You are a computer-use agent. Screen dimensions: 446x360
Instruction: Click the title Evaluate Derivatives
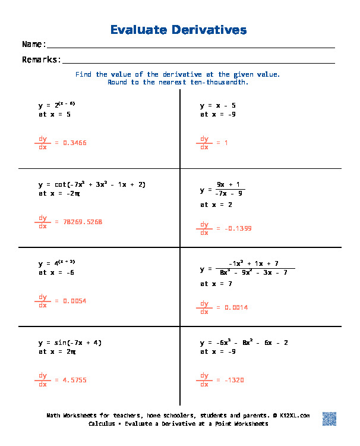[x=179, y=30]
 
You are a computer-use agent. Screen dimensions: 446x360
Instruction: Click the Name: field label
[x=34, y=45]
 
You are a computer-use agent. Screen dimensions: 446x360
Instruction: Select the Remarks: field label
[x=42, y=59]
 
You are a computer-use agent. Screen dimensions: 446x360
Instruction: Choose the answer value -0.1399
[x=234, y=228]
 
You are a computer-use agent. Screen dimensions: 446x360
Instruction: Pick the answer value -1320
[x=230, y=380]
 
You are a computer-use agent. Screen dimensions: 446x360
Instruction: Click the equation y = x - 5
[x=218, y=105]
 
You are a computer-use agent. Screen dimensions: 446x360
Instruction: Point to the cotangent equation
[x=92, y=184]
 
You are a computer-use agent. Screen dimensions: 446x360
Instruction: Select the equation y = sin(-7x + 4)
[x=70, y=343]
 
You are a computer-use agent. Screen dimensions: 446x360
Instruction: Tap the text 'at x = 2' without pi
[x=216, y=205]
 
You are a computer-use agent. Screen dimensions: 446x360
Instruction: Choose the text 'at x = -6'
[x=56, y=272]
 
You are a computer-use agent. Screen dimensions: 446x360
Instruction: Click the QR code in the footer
[x=330, y=419]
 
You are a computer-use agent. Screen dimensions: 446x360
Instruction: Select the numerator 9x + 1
[x=230, y=184]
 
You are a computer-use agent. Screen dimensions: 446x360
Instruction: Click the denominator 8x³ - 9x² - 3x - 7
[x=253, y=272]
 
